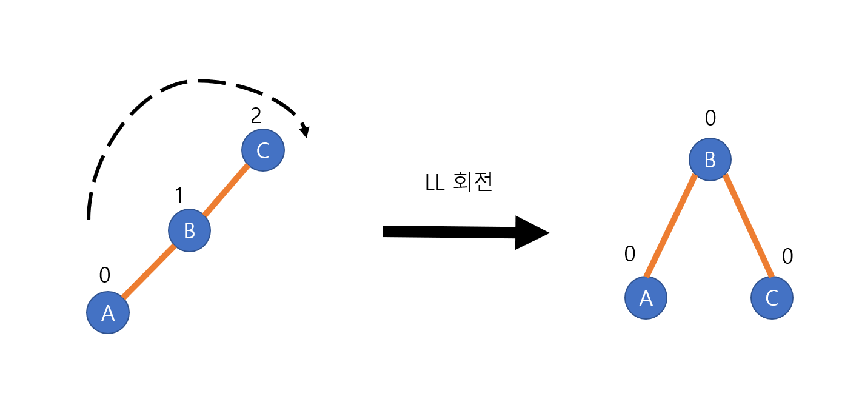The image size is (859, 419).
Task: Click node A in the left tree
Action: [108, 312]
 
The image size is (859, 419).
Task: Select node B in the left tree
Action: [189, 230]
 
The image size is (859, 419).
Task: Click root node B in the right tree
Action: [710, 159]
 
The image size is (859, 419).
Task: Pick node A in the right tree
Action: [646, 298]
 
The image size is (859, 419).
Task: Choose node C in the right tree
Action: [772, 298]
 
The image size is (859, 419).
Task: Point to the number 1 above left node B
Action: [179, 195]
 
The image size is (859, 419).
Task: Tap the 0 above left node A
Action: [105, 275]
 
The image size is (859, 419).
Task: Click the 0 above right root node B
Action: [710, 118]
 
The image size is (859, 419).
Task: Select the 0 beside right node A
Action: [630, 254]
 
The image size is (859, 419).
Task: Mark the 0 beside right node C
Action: [787, 256]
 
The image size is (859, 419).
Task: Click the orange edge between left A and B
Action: [149, 272]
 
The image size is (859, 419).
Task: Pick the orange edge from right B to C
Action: [748, 226]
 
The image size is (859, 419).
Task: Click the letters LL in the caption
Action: [436, 183]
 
